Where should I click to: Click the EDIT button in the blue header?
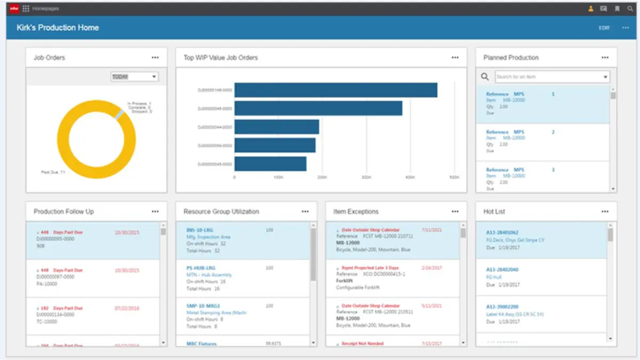coord(604,28)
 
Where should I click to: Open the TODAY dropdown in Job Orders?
coord(134,77)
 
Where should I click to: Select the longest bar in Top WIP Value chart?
coord(335,90)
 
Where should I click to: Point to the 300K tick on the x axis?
coord(366,177)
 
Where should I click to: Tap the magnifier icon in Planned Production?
coord(485,77)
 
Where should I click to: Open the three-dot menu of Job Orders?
coord(155,58)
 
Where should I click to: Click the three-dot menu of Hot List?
coord(605,212)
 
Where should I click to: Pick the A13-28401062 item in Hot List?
coord(502,233)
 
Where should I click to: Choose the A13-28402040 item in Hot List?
coord(502,270)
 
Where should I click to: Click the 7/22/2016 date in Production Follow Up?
coord(127,308)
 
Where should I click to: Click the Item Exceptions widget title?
coord(356,212)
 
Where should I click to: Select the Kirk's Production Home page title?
coord(58,28)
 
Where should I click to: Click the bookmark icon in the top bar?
coord(617,9)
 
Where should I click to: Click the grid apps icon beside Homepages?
coord(26,9)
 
